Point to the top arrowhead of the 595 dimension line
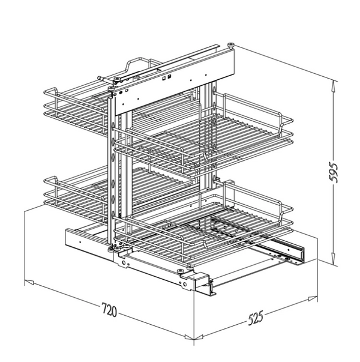[333, 84]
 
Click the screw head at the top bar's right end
[231, 46]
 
